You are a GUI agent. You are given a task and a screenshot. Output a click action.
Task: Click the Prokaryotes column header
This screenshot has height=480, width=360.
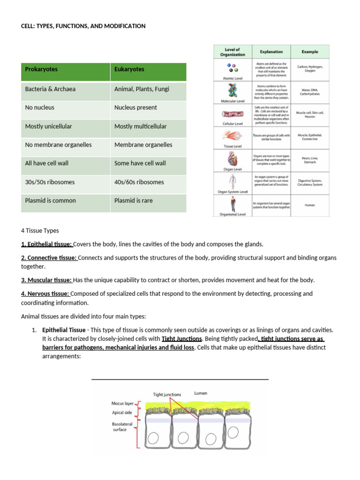(41, 69)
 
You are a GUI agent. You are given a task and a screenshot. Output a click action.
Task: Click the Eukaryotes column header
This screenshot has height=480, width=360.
(129, 69)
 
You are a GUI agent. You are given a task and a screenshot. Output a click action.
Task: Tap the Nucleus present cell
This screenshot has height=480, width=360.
(136, 107)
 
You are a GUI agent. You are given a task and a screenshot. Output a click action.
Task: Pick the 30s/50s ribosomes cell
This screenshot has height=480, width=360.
(50, 182)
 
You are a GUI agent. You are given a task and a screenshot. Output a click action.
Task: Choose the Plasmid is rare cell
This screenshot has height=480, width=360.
(133, 201)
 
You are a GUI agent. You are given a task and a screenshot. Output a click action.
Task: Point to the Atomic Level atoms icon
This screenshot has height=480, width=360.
(230, 68)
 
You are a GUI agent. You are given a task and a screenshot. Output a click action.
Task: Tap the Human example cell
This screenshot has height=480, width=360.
(310, 205)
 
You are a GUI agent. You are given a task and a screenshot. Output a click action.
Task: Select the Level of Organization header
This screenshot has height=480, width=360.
(232, 52)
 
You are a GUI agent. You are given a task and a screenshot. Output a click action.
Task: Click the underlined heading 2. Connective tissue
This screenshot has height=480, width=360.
(49, 258)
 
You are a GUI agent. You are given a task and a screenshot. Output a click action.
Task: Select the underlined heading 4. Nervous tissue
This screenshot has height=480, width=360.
(45, 293)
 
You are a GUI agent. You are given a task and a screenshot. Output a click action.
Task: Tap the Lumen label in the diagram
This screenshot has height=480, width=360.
(201, 393)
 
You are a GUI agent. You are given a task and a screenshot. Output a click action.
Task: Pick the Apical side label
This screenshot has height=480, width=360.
(122, 412)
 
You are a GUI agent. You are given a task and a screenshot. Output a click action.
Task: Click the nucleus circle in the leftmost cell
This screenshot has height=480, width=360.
(153, 441)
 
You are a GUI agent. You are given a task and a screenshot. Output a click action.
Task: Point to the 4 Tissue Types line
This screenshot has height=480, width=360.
(40, 231)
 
